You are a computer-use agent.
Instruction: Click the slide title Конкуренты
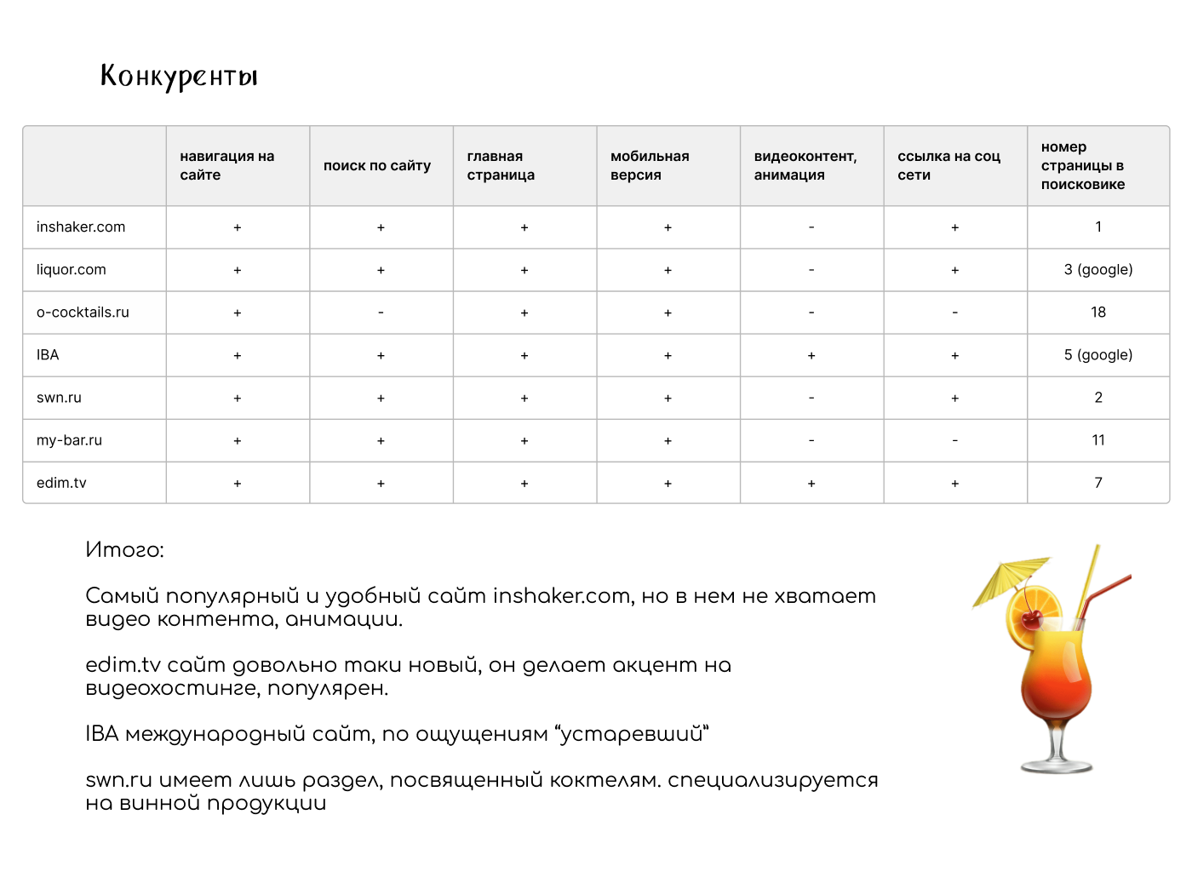click(x=179, y=76)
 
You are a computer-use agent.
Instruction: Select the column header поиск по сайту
click(x=377, y=166)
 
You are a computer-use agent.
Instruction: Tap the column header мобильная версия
click(x=650, y=166)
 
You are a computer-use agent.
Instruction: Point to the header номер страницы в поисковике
click(x=1082, y=166)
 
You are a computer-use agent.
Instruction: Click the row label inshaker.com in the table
click(x=81, y=227)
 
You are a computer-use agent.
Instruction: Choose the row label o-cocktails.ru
click(x=83, y=313)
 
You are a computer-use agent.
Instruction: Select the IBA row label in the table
click(x=48, y=355)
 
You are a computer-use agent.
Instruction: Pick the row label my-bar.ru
click(x=69, y=440)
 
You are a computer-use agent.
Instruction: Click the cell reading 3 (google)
click(x=1097, y=270)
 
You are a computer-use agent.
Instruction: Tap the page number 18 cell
click(x=1098, y=313)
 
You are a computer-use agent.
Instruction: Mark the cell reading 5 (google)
click(x=1097, y=355)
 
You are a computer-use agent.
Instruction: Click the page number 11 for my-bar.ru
click(x=1098, y=440)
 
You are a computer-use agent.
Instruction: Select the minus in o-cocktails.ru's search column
click(x=381, y=313)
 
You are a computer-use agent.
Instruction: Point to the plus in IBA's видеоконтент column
click(x=811, y=356)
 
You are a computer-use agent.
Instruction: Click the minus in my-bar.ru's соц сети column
click(x=954, y=440)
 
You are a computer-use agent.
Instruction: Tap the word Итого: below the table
click(x=124, y=550)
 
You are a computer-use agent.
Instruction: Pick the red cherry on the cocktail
click(x=1031, y=618)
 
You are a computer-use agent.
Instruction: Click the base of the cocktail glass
click(x=1057, y=765)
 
